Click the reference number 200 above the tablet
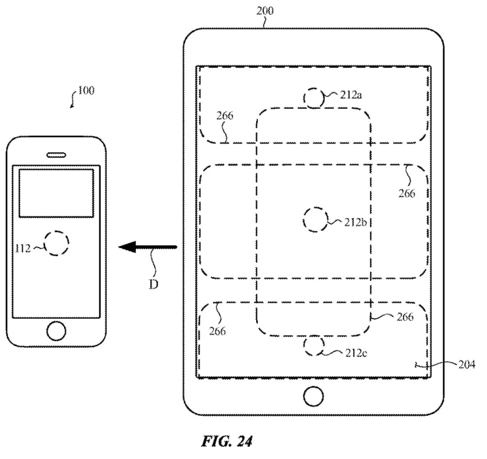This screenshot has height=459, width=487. point(265,11)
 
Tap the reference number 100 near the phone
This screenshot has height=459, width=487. point(86,90)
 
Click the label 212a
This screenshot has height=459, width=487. point(352,95)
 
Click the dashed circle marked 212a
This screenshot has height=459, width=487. point(314,97)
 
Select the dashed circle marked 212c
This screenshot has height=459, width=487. point(314,345)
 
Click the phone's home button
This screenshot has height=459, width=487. point(56,331)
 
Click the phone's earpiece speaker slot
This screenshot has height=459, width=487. point(56,155)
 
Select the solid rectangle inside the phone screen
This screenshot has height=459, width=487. point(56,193)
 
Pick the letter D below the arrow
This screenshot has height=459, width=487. point(154,285)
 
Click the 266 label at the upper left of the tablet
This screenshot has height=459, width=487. point(225,116)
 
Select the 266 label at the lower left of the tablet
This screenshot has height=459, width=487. point(217,332)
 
